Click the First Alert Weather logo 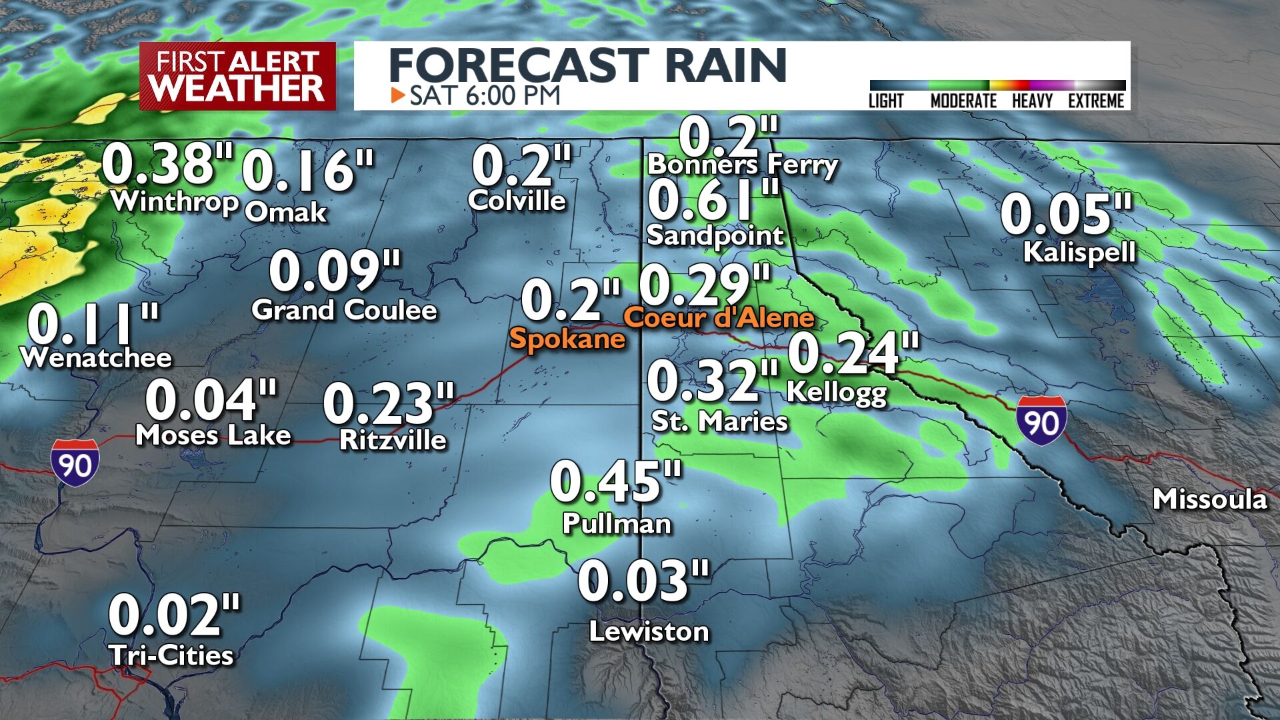point(237,76)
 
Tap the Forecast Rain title point(587,65)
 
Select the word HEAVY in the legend point(1032,101)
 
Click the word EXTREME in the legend point(1096,101)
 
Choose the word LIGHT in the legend point(886,101)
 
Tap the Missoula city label point(1209,499)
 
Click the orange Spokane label point(567,339)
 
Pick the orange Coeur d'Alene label point(719,317)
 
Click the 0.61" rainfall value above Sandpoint point(713,201)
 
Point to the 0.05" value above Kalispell point(1066,215)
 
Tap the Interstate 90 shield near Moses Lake point(75,463)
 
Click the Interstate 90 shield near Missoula point(1041,421)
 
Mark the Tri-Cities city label point(171,655)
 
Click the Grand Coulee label point(344,310)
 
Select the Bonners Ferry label point(742,165)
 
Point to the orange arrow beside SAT point(398,95)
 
